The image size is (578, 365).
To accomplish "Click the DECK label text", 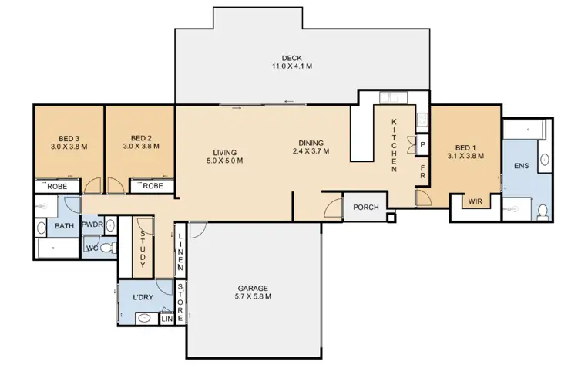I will (x=291, y=57).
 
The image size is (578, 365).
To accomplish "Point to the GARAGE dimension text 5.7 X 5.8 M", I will (x=253, y=296).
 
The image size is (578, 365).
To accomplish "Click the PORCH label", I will (x=365, y=208).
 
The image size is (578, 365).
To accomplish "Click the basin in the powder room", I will (x=109, y=225).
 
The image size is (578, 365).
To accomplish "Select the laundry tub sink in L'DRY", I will (x=143, y=317).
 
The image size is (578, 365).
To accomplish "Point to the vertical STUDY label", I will (x=143, y=249).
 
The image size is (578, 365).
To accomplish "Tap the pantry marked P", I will (x=423, y=145).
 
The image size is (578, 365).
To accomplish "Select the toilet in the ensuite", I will (x=542, y=209).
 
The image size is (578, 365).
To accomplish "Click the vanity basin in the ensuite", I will (x=544, y=161).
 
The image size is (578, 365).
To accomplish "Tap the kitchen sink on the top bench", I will (x=423, y=119).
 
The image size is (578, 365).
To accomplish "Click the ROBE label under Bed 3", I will (x=57, y=186).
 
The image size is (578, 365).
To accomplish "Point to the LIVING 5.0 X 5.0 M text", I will (x=224, y=157).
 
